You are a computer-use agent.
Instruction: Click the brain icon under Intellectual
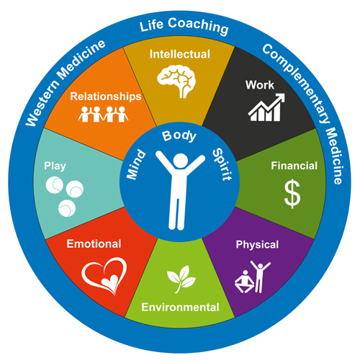tap(176, 81)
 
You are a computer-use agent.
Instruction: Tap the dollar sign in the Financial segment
tap(292, 194)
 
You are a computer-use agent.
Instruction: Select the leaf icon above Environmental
tap(181, 279)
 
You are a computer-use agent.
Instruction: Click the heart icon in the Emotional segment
tap(104, 276)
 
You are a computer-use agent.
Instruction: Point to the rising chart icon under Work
tap(266, 107)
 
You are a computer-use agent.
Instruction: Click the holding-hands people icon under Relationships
tap(103, 115)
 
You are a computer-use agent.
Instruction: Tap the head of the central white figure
tap(180, 161)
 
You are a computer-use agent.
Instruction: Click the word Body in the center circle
tap(179, 136)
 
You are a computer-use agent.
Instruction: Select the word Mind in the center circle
tap(136, 164)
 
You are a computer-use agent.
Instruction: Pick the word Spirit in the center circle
tap(222, 164)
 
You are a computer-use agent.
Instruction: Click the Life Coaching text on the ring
tap(184, 26)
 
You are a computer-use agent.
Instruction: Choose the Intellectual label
tap(180, 54)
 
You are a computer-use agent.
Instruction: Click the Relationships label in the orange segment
tap(106, 97)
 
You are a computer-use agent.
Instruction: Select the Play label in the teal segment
tap(55, 166)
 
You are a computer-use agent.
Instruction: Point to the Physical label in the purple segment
tap(257, 245)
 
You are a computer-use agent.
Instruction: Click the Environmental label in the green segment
tap(180, 308)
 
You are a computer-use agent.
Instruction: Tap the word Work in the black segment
tap(260, 85)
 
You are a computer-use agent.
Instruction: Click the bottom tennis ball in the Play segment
tap(67, 208)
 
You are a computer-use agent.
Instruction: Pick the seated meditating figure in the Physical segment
tap(244, 282)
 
